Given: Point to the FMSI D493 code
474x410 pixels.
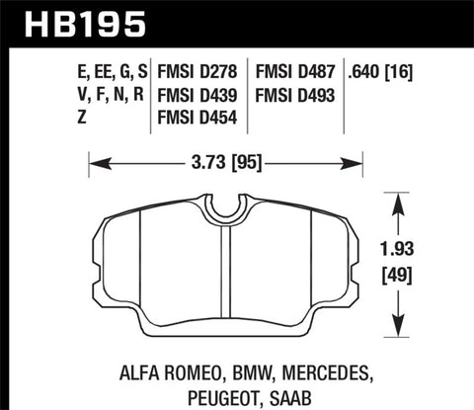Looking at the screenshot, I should pos(295,97).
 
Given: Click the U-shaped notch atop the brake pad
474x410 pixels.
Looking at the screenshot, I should pos(228,207).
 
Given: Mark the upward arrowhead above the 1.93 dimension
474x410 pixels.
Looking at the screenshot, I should pos(400,199).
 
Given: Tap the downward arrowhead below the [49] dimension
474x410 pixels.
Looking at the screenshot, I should pos(400,330).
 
